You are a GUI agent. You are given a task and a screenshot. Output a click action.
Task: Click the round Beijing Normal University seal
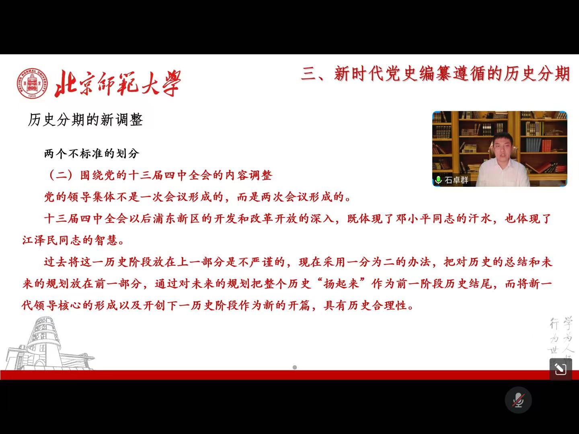[32, 83]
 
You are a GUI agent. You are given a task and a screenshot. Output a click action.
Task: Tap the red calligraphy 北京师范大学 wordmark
[118, 83]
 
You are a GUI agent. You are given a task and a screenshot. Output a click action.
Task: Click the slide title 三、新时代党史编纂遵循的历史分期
[435, 74]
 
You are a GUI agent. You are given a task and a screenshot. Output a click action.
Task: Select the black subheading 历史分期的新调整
[85, 120]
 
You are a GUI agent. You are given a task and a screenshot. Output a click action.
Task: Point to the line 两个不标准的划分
[92, 154]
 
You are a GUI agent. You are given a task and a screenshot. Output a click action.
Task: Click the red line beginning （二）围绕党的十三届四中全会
[160, 176]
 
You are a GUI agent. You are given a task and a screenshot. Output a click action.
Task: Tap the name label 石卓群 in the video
[456, 180]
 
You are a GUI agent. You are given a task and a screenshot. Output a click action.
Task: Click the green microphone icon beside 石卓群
[438, 180]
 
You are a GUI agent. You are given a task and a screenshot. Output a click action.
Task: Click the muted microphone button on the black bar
[518, 400]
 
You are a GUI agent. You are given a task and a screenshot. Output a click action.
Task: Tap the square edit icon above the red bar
[561, 369]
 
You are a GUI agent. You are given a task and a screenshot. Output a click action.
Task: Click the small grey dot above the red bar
[295, 367]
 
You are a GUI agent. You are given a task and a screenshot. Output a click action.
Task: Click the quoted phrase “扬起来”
[341, 284]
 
